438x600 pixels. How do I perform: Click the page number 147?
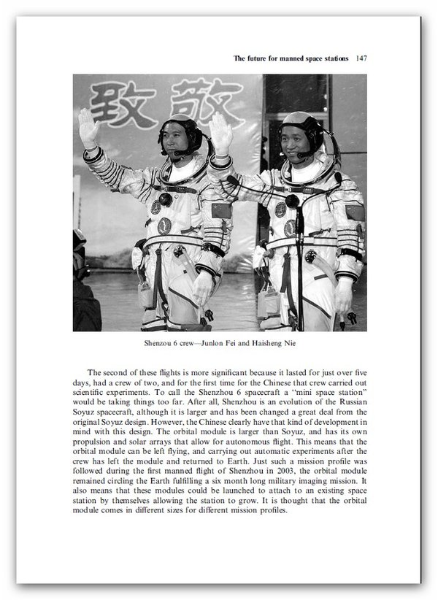click(x=359, y=58)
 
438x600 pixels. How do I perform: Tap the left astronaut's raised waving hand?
click(x=88, y=128)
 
